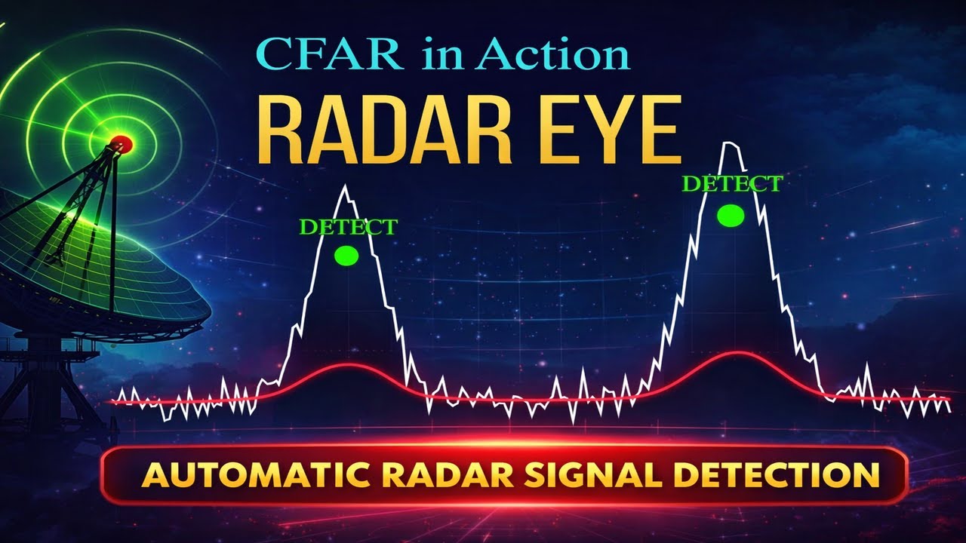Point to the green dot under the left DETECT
[x=346, y=256]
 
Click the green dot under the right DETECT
[x=731, y=216]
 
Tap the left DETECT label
[x=348, y=227]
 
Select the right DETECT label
[x=731, y=183]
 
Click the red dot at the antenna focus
[x=122, y=143]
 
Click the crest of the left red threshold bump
[x=346, y=366]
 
